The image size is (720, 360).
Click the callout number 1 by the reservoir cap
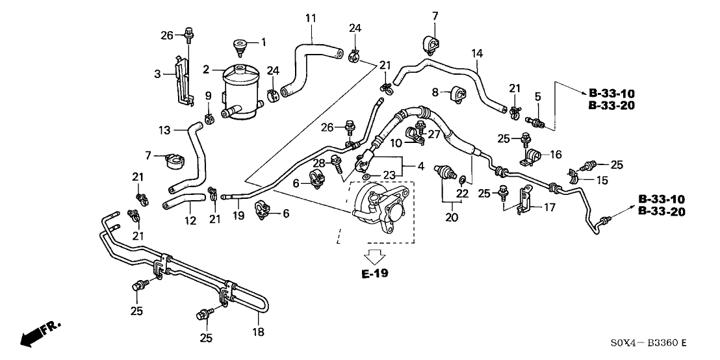pyautogui.click(x=264, y=43)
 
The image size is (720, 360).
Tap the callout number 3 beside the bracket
pyautogui.click(x=157, y=74)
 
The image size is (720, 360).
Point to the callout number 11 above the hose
pyautogui.click(x=311, y=18)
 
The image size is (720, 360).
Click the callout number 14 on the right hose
pyautogui.click(x=478, y=54)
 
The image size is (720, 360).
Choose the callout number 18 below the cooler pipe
pyautogui.click(x=258, y=332)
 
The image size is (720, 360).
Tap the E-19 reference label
pyautogui.click(x=375, y=274)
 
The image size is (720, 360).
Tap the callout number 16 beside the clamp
pyautogui.click(x=556, y=155)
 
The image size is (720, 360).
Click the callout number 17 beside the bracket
pyautogui.click(x=550, y=208)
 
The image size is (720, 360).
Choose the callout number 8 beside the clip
pyautogui.click(x=435, y=92)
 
